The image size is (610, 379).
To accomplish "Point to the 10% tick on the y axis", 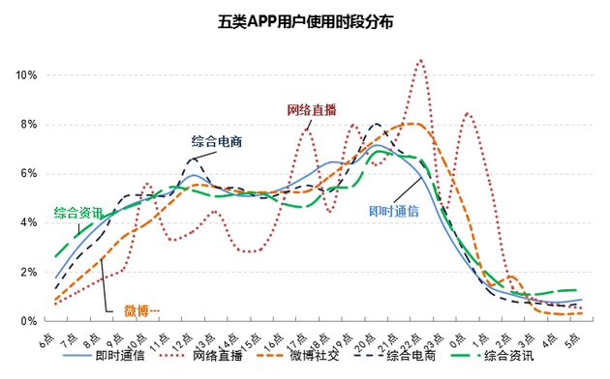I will coord(25,75).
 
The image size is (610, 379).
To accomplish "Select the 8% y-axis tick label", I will coord(28,125).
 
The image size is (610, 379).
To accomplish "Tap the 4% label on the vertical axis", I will coord(28,222).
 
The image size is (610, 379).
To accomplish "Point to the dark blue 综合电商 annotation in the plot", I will coord(215,141).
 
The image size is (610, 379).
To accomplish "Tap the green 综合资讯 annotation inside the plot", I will coord(77,212).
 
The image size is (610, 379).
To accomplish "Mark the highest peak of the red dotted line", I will coord(420,60).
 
